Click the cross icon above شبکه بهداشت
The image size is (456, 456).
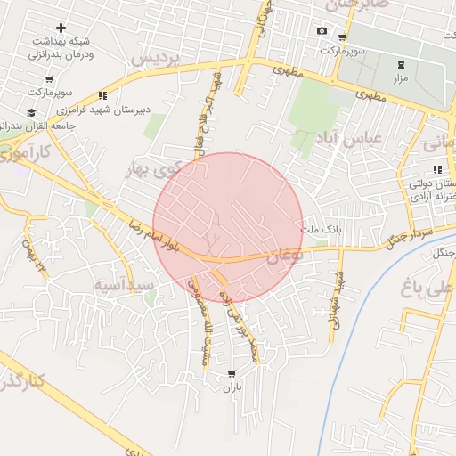[x=60, y=28]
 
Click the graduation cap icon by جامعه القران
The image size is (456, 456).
[x=32, y=112]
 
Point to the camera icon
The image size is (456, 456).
[x=322, y=31]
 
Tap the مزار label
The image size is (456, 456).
[x=401, y=77]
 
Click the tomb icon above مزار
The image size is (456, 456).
[x=401, y=64]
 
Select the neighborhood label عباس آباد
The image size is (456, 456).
[x=348, y=139]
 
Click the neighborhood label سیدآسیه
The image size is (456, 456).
[x=125, y=285]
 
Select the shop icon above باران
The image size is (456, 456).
[x=232, y=374]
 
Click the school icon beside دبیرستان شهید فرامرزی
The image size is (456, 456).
[x=103, y=95]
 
